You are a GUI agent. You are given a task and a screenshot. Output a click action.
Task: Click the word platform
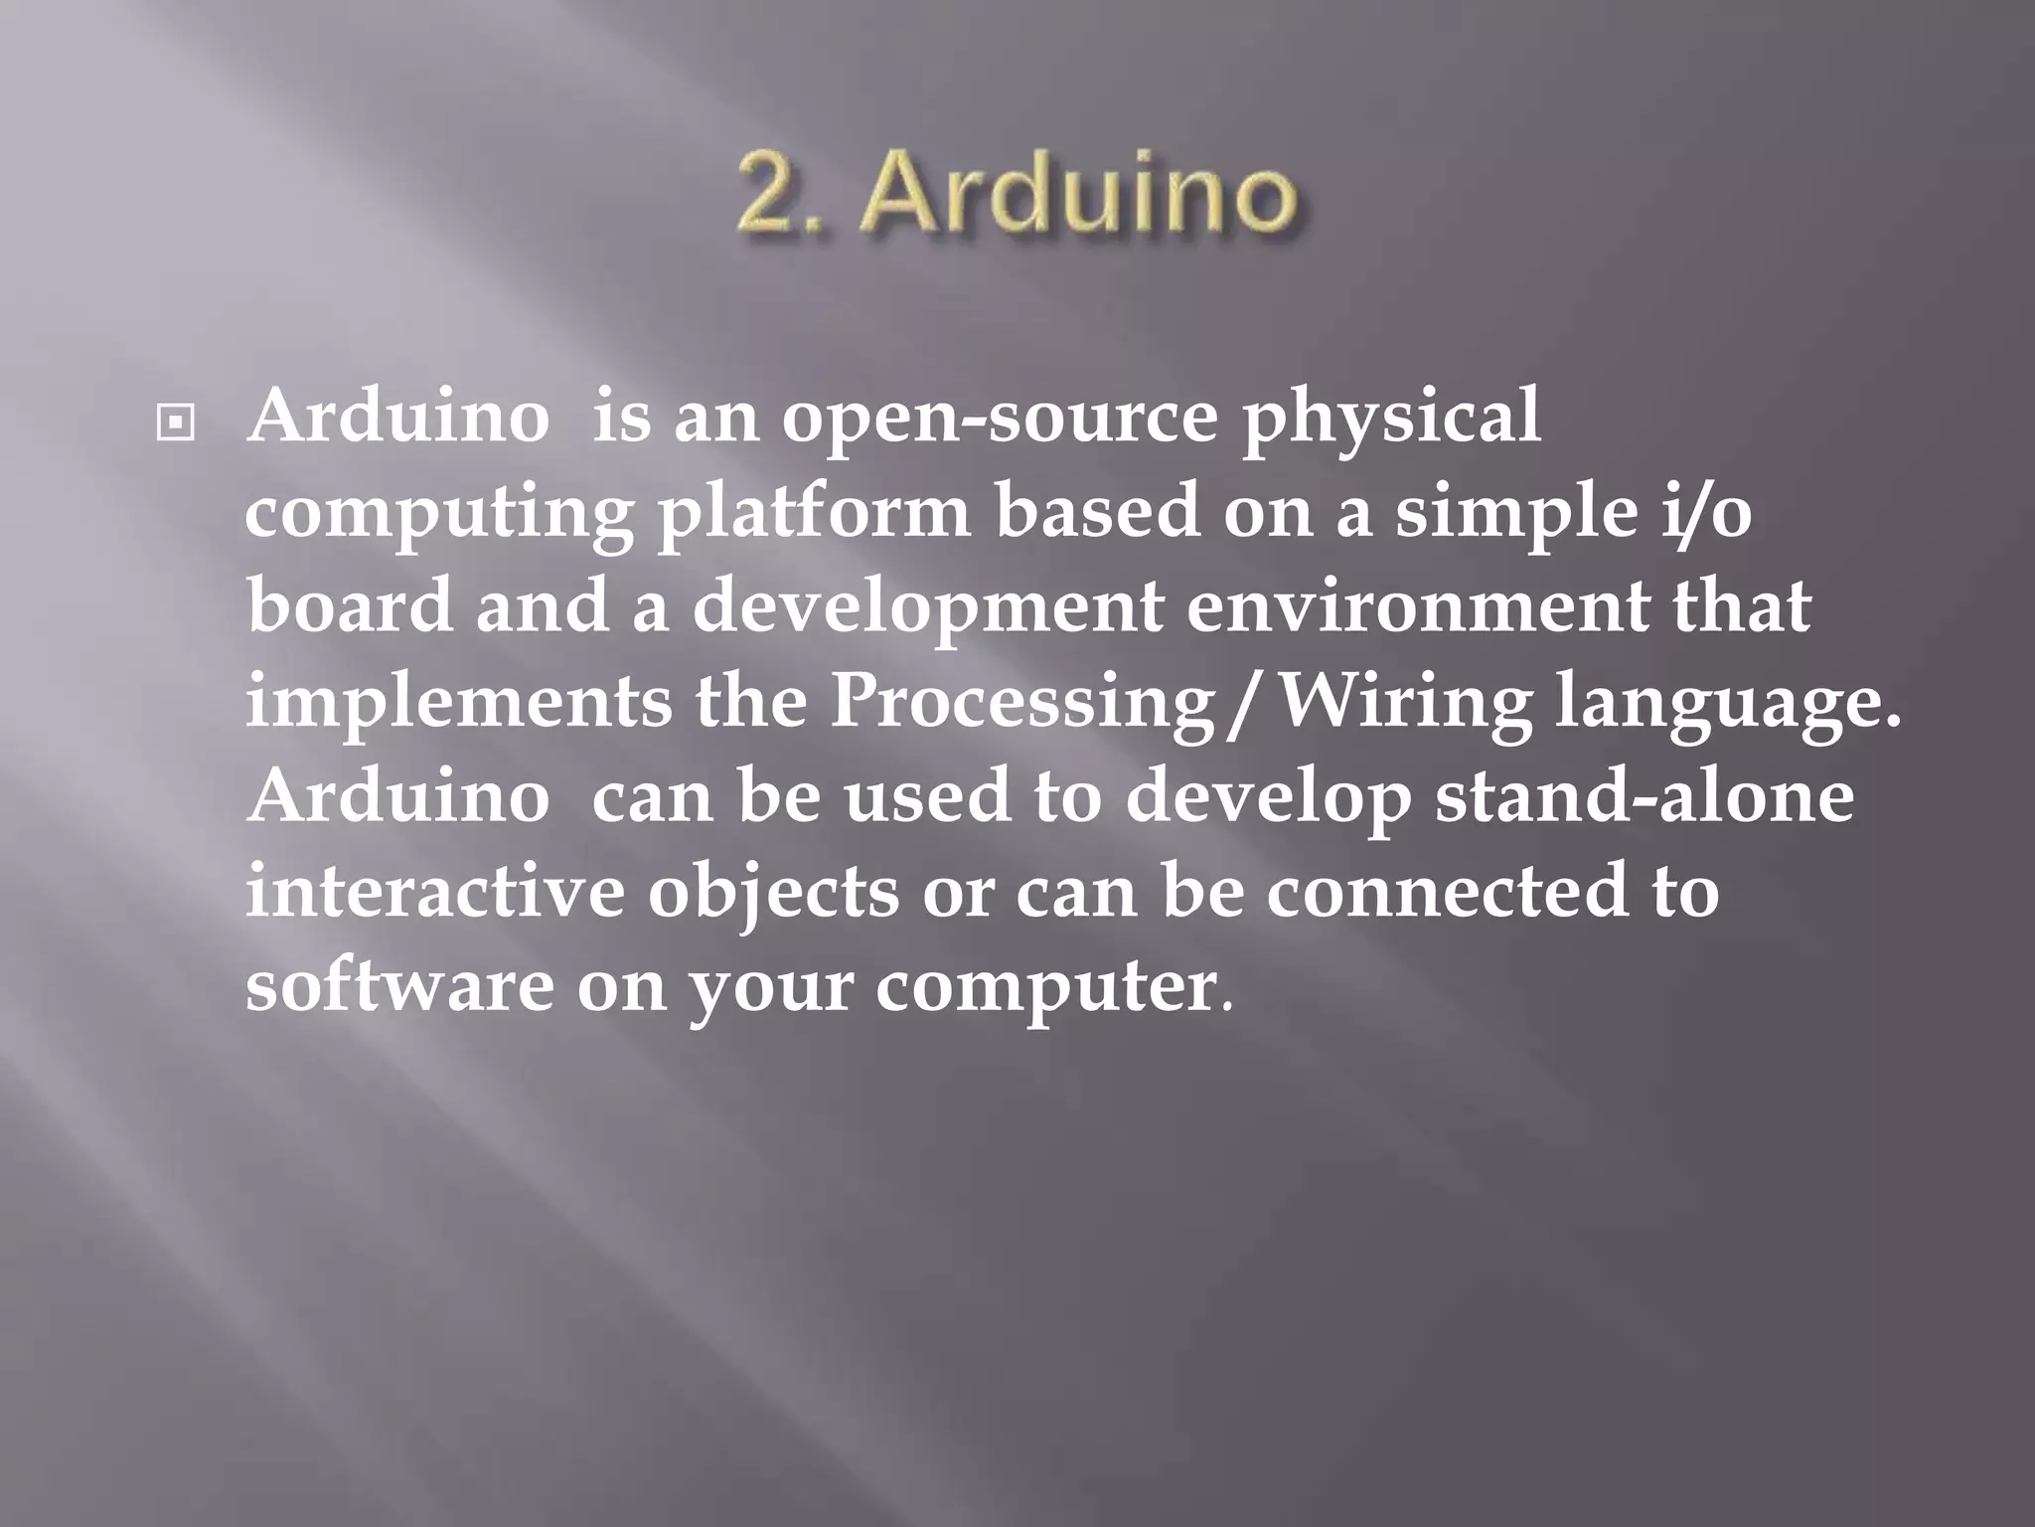pyautogui.click(x=813, y=515)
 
